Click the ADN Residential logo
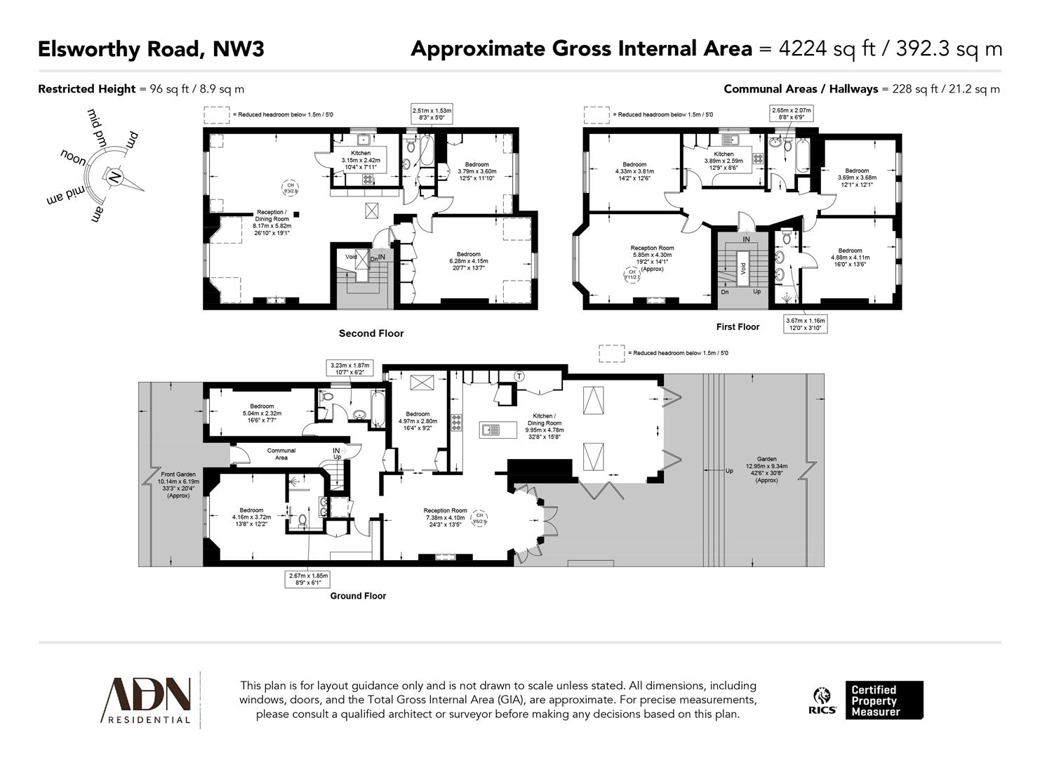(x=147, y=700)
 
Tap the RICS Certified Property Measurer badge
(x=869, y=700)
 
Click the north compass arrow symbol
(x=115, y=177)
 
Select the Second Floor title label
(x=371, y=333)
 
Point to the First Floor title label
(x=738, y=327)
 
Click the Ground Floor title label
(x=358, y=596)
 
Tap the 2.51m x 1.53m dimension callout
(x=432, y=114)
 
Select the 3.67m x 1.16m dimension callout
(x=806, y=324)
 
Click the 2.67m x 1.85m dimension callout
(x=307, y=579)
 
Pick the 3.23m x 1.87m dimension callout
(x=349, y=369)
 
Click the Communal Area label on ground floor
(x=281, y=454)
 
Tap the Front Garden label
(x=178, y=485)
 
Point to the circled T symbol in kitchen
(x=520, y=376)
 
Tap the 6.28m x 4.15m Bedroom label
(x=468, y=258)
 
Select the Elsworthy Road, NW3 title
(x=151, y=49)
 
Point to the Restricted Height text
(x=86, y=89)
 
